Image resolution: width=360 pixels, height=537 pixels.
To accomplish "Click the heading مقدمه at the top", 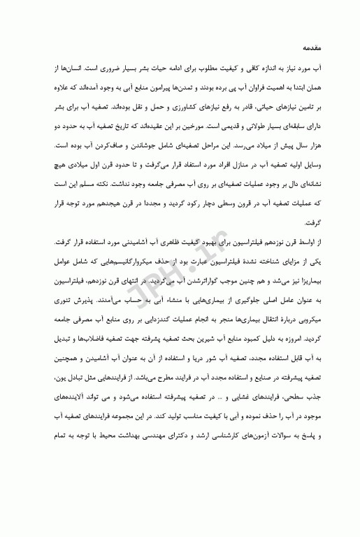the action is pyautogui.click(x=310, y=49).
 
